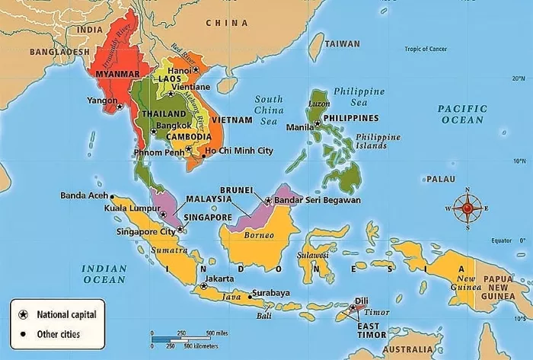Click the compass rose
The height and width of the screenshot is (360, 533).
[467, 207]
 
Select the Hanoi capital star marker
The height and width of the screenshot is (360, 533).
[196, 69]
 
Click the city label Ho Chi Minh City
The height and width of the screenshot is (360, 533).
[238, 151]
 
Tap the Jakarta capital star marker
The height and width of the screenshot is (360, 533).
[203, 287]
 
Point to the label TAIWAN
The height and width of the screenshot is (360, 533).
[342, 44]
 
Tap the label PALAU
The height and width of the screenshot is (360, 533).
[440, 179]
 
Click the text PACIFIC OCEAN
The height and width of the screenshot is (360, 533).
[461, 114]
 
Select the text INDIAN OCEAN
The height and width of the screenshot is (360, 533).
[104, 274]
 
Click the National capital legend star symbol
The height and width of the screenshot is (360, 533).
[23, 314]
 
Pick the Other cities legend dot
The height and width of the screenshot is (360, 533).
[23, 333]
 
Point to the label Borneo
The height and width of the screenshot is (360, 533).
[258, 235]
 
